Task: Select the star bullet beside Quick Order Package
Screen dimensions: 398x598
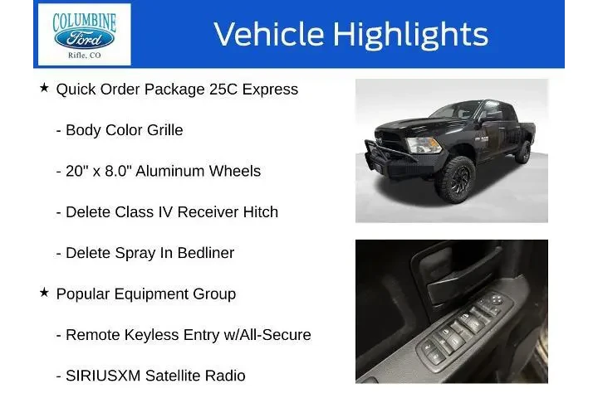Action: [45, 88]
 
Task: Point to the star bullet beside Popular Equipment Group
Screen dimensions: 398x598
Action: [45, 293]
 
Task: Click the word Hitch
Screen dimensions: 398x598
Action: [257, 212]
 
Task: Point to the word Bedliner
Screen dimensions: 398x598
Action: [205, 253]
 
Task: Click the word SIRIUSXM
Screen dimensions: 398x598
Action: [102, 376]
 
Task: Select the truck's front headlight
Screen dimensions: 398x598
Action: [400, 146]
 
